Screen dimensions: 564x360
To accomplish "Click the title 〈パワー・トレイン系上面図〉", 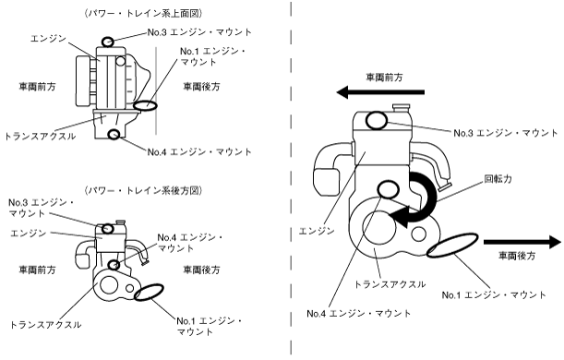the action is [x=143, y=13].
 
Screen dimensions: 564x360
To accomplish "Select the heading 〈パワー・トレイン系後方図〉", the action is [x=143, y=190].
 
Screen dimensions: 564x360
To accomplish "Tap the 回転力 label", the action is [x=498, y=179].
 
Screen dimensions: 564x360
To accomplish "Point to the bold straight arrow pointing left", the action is [x=380, y=92].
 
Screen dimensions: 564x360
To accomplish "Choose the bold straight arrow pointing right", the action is [x=522, y=242].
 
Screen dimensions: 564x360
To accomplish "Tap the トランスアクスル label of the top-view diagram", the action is [x=40, y=137].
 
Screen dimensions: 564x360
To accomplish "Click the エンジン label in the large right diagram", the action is [x=317, y=231].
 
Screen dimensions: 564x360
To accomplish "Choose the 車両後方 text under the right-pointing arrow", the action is [x=517, y=256].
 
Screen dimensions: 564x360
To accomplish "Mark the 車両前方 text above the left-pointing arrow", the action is [x=384, y=78].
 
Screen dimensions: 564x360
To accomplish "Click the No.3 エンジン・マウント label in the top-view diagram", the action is [x=199, y=32].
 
